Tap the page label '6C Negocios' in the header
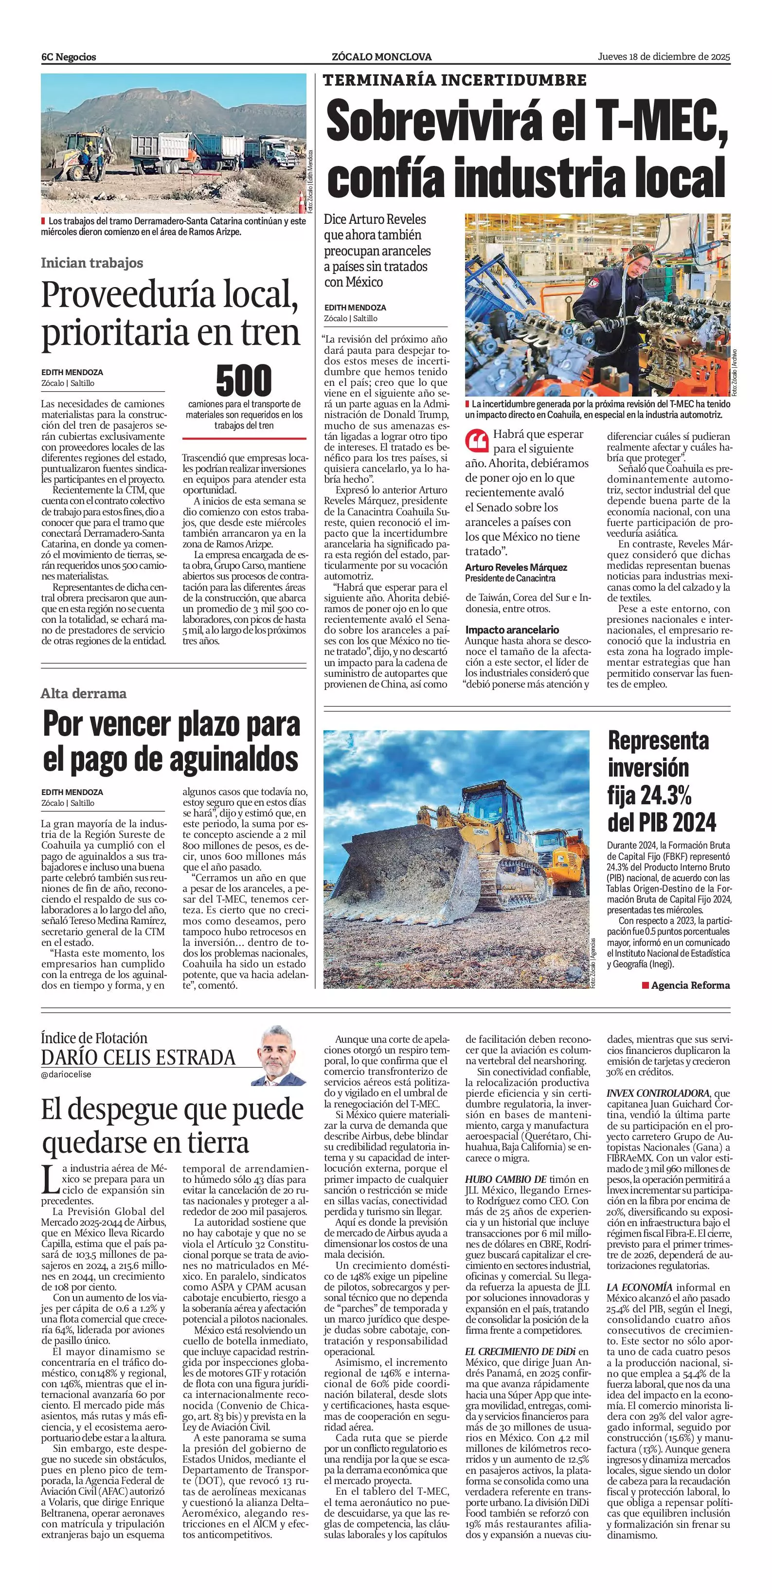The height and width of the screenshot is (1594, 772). point(69,57)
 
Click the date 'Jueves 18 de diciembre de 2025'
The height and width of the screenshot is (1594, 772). point(664,56)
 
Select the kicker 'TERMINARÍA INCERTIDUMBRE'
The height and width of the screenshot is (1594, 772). point(455,80)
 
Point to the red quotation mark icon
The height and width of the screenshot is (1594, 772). point(476,440)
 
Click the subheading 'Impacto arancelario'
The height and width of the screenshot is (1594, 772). point(512,629)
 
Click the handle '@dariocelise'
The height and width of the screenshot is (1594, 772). point(66,1074)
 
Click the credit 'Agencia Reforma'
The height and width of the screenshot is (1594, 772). point(690,985)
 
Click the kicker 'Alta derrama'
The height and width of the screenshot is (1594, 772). point(84,693)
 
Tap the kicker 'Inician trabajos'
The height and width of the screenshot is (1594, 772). point(91,262)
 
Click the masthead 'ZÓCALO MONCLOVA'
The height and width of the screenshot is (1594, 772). point(382,57)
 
